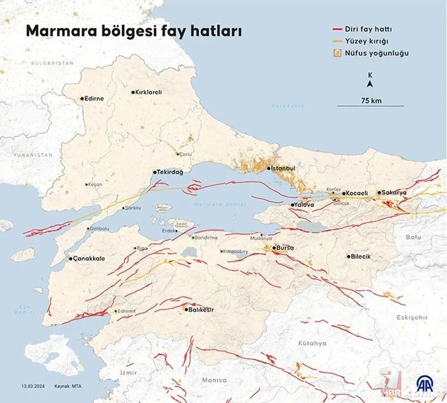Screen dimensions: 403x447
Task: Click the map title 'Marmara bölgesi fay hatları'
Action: [134, 31]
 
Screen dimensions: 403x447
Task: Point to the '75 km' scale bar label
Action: [371, 100]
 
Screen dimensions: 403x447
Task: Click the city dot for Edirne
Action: [82, 99]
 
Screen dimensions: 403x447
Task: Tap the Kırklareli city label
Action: [149, 92]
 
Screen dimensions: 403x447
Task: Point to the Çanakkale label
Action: [89, 258]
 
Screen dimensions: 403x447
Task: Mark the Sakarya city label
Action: [395, 192]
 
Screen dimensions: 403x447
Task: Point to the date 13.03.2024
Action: [33, 386]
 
